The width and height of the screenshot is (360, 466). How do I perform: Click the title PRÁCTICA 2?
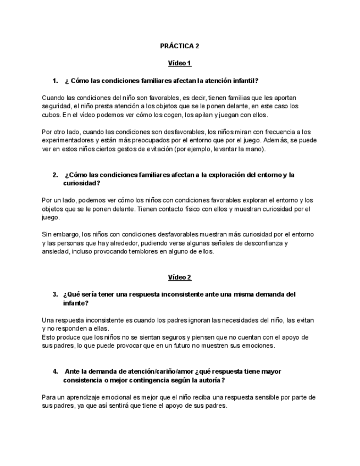pos(180,46)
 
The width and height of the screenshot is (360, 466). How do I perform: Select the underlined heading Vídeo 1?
pos(180,63)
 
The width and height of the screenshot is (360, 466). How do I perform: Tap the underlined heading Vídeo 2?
pos(180,277)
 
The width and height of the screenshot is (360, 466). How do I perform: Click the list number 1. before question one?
pos(56,80)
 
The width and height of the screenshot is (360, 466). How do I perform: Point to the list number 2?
pos(56,175)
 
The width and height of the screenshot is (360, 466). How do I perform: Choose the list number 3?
pos(56,294)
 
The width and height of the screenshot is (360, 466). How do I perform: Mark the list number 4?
pos(56,371)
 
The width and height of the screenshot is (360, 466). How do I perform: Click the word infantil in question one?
pos(242,80)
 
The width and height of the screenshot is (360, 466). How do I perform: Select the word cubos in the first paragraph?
pos(51,115)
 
